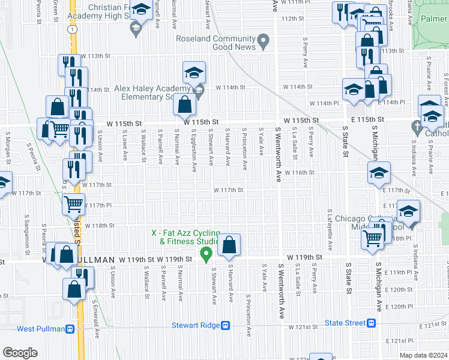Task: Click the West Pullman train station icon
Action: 70,329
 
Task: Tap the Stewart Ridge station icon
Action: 225,326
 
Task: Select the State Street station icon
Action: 372,323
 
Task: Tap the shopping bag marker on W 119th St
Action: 229,245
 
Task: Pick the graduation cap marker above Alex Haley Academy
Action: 194,73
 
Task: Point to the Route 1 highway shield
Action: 71,29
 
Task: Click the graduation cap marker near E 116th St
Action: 379,173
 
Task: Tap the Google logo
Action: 20,353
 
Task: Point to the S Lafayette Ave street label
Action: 330,230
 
